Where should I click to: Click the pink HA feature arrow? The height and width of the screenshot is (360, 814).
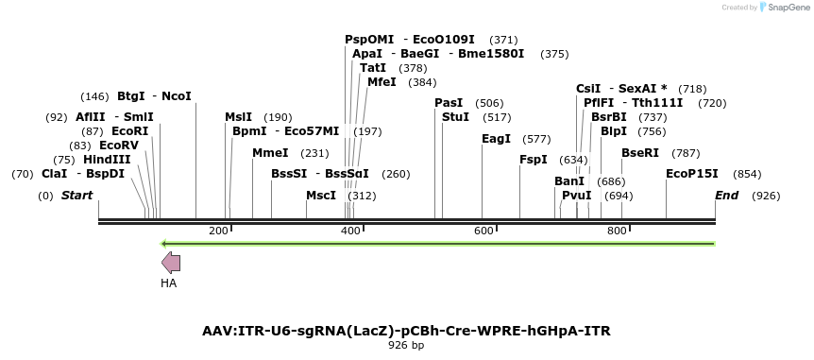click(171, 263)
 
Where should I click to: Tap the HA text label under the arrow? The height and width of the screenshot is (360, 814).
click(169, 283)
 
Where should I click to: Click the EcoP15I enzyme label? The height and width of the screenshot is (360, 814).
click(692, 174)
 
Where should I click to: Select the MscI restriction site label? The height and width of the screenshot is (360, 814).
click(321, 196)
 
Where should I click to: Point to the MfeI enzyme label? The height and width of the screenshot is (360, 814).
click(382, 82)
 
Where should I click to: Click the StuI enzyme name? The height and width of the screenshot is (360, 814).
click(455, 116)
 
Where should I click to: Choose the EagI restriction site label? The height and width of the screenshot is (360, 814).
click(496, 138)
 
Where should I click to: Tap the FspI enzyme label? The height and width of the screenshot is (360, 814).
click(534, 160)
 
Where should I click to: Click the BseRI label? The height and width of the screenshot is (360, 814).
click(639, 152)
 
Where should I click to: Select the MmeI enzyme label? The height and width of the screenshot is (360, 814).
click(270, 152)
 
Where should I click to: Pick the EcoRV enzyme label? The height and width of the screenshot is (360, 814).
click(119, 146)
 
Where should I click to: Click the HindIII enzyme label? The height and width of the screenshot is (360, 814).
click(107, 160)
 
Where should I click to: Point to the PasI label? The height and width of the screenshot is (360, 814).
click(449, 102)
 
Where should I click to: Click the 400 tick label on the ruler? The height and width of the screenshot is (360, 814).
click(350, 231)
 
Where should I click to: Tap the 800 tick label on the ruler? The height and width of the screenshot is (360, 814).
click(617, 231)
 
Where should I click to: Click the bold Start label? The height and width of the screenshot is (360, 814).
click(77, 196)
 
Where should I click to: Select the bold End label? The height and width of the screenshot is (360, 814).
click(726, 196)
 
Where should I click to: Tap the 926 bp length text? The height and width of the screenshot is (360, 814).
click(406, 346)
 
